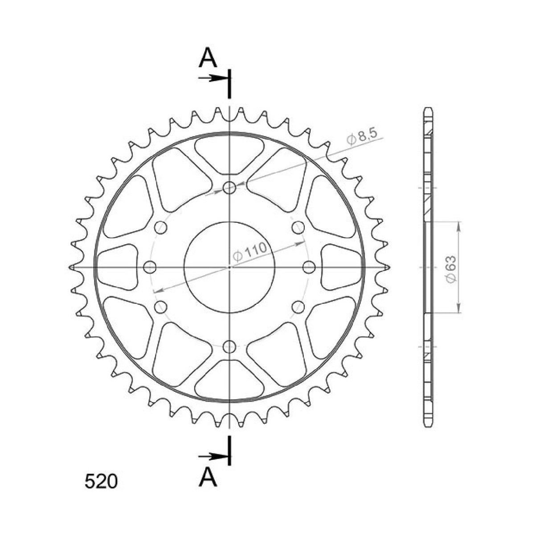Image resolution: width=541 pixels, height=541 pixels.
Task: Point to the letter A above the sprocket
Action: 208,58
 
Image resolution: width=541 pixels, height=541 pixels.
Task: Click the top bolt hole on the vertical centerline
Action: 230,188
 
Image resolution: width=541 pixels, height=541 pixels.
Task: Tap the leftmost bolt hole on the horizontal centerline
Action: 151,267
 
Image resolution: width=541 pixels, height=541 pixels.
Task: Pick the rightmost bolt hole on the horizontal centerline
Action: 309,267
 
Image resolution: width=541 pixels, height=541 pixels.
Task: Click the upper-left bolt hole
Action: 161,228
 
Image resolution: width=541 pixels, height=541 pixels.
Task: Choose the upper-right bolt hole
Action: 298,228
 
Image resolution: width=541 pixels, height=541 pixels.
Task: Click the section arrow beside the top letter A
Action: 213,78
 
